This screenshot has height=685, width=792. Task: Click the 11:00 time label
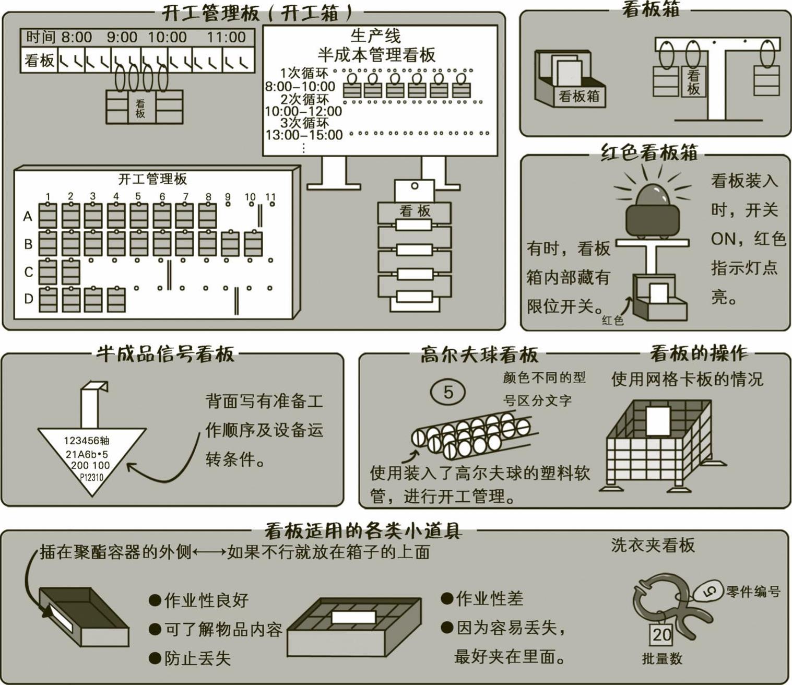(226, 37)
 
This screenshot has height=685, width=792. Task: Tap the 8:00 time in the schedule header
(77, 37)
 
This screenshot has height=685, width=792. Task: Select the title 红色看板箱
(649, 152)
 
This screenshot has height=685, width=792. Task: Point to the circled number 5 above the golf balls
(448, 392)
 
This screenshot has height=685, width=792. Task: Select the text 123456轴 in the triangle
(87, 441)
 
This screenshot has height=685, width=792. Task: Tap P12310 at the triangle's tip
(91, 477)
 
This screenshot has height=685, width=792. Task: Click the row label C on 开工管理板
(28, 272)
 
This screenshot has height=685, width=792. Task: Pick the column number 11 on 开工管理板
(270, 197)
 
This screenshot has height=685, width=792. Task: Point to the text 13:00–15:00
(304, 135)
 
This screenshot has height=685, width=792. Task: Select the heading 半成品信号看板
(165, 353)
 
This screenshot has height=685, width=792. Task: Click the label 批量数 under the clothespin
(661, 658)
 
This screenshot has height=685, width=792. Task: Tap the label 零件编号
(752, 592)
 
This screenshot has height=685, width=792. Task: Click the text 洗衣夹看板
(653, 545)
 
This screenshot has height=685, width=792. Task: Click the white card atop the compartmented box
(353, 618)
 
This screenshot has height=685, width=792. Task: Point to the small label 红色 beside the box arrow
(613, 320)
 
